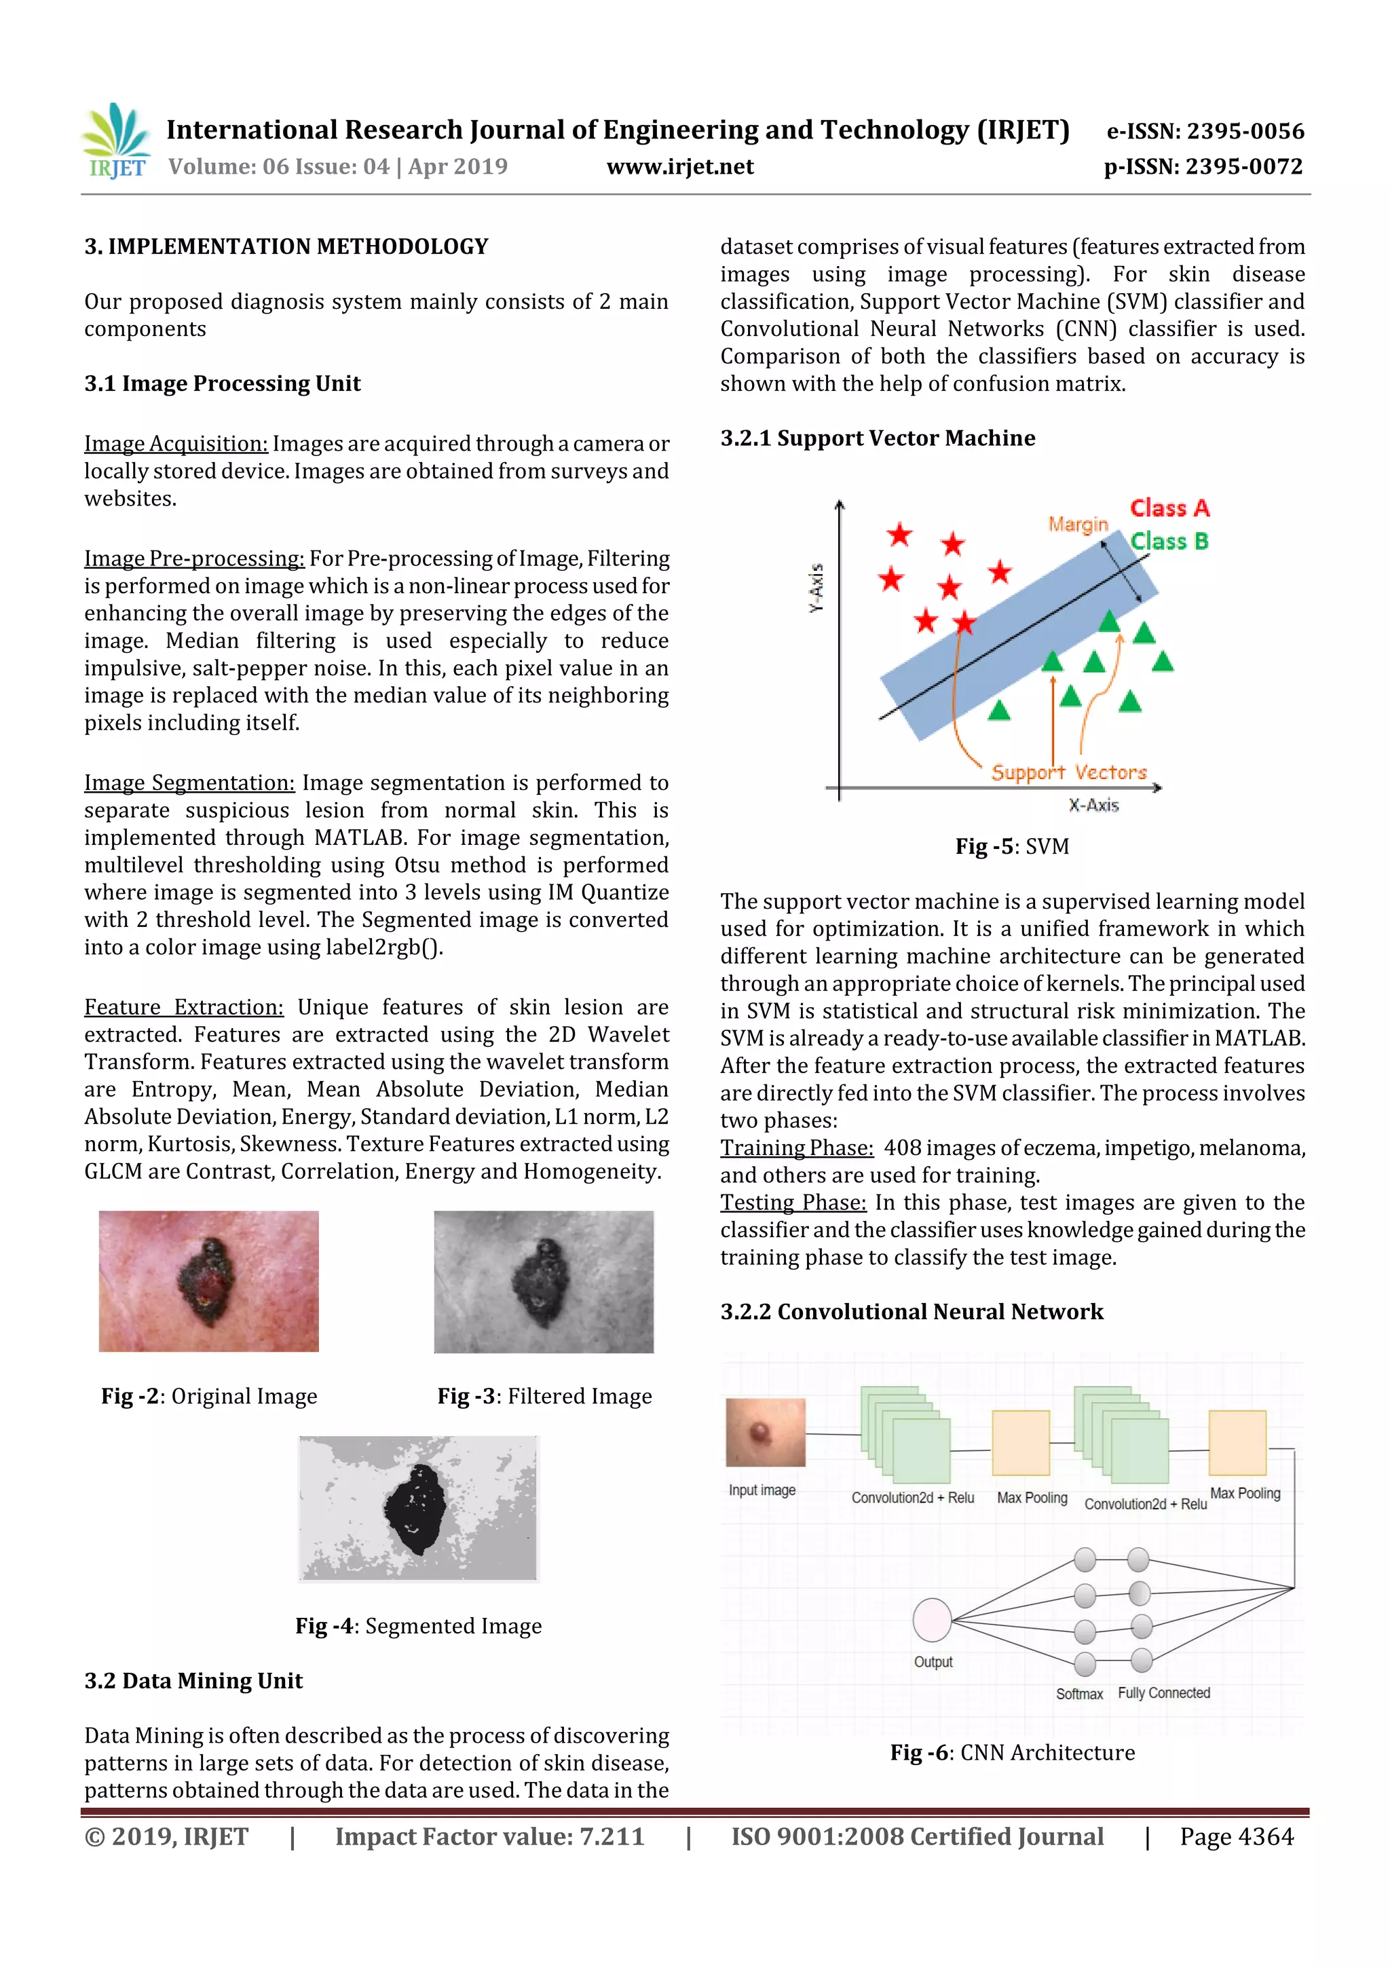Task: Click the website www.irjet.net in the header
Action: coord(680,167)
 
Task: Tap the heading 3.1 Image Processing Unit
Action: coord(222,383)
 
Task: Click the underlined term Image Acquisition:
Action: coord(176,444)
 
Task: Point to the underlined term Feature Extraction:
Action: coord(183,1007)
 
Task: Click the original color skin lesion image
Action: coord(208,1281)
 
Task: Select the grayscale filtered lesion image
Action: coord(543,1281)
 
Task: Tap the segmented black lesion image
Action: coord(417,1508)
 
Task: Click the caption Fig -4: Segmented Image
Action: coord(418,1625)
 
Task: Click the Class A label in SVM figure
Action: coord(1169,508)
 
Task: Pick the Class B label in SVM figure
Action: coord(1169,541)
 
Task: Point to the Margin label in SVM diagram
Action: coord(1077,524)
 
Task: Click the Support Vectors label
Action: coord(1068,772)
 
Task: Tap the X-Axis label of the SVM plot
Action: coord(1093,805)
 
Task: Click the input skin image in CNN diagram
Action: coord(765,1433)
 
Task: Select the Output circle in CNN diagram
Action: coord(932,1619)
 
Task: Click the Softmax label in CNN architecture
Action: coord(1078,1694)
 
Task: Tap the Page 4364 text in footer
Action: coord(1236,1836)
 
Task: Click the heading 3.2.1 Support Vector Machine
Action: coord(877,438)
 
